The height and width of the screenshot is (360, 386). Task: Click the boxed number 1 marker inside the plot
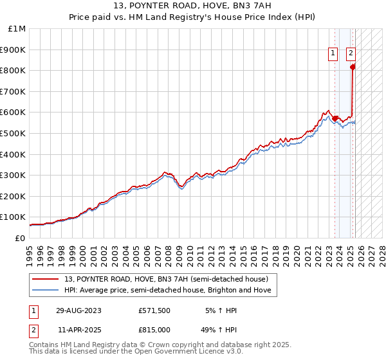tap(333, 54)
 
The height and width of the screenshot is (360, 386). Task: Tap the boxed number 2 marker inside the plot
tap(351, 54)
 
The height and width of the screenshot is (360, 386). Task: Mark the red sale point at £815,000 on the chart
tap(353, 67)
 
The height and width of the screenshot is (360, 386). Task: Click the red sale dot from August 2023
tap(335, 118)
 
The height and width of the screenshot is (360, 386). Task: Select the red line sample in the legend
tap(47, 279)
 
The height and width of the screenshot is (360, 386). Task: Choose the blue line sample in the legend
tap(47, 290)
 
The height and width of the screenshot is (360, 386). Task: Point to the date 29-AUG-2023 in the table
tap(78, 310)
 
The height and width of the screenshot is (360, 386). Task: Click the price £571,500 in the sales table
tap(154, 310)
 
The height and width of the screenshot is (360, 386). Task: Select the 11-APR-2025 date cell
tap(78, 328)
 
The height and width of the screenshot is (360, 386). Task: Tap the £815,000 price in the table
tap(154, 328)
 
